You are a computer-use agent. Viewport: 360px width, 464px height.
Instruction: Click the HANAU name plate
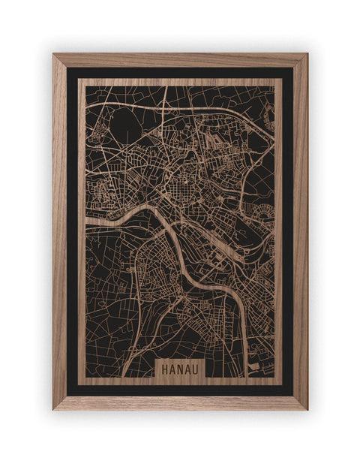point(180,368)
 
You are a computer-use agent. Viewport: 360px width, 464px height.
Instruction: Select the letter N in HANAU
point(180,368)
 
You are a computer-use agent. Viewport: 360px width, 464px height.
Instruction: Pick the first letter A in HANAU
point(172,368)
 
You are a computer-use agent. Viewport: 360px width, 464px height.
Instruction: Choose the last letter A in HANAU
point(188,368)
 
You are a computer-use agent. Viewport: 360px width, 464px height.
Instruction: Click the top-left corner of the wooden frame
point(54,55)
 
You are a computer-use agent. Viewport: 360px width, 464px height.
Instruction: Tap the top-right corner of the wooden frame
point(306,55)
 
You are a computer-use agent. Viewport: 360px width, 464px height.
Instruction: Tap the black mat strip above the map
point(180,73)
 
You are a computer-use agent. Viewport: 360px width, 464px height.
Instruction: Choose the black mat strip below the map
point(180,390)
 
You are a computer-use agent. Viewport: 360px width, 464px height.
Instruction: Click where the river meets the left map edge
point(86,222)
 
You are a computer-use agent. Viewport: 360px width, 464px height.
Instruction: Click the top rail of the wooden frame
point(180,60)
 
